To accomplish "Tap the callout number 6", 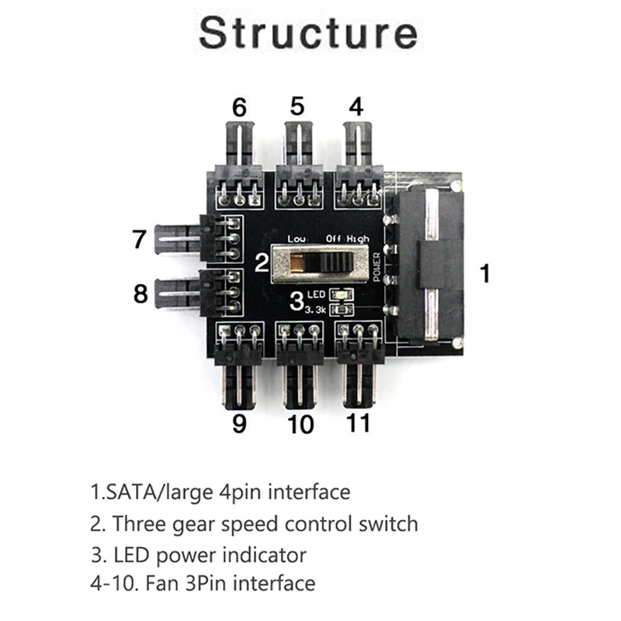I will point(239,106).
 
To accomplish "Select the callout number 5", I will point(297,106).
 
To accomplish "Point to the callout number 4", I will point(355,106).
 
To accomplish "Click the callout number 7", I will point(139,239).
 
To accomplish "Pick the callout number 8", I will point(140,294).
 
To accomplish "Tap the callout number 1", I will point(485,273).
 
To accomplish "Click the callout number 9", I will point(239,423).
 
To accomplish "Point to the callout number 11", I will point(359,423).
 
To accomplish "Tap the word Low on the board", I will point(297,239).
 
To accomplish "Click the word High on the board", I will point(359,239).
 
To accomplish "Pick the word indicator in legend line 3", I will point(265,554).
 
